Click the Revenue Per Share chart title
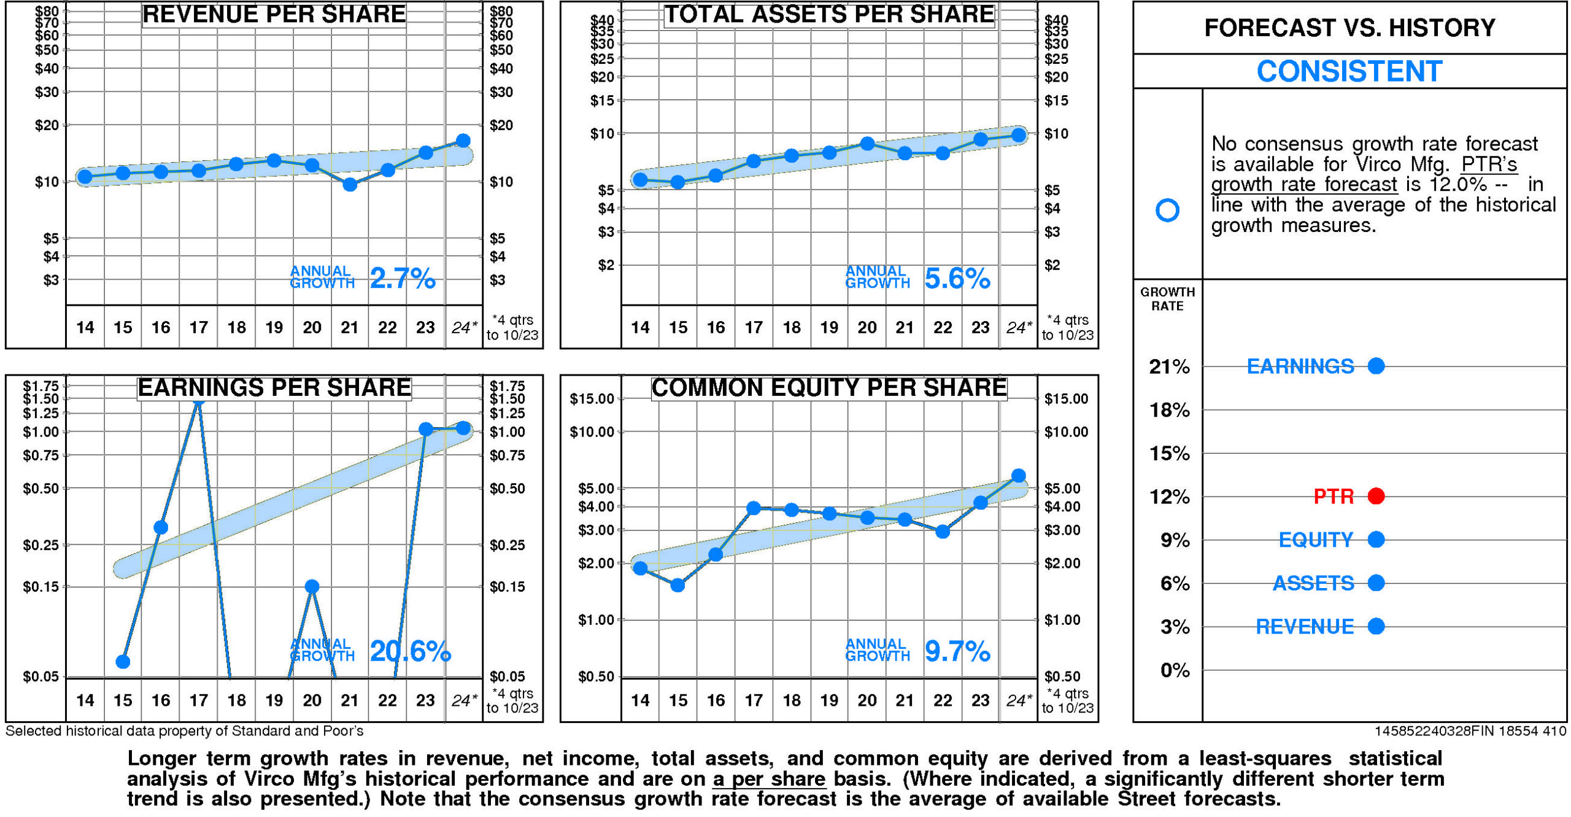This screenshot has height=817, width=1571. coord(274,15)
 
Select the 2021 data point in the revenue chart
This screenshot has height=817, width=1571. coord(349,184)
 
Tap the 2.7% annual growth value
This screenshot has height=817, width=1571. coord(402,279)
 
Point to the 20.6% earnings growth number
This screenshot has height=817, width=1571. coord(409,651)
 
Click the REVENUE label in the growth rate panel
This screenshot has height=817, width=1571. coord(1304,627)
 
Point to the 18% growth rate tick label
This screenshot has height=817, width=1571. coord(1168,410)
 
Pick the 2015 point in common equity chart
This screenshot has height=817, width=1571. coord(677,585)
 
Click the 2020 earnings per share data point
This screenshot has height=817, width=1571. coord(312,586)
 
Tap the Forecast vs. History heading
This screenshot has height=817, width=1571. coord(1349,28)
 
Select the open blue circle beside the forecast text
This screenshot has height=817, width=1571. coord(1167,211)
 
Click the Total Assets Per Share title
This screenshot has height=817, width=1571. coord(828,15)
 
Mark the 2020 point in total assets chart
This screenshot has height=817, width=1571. coord(867,144)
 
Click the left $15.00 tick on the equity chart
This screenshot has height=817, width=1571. coord(592,399)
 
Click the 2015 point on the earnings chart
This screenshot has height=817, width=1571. coord(123,662)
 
